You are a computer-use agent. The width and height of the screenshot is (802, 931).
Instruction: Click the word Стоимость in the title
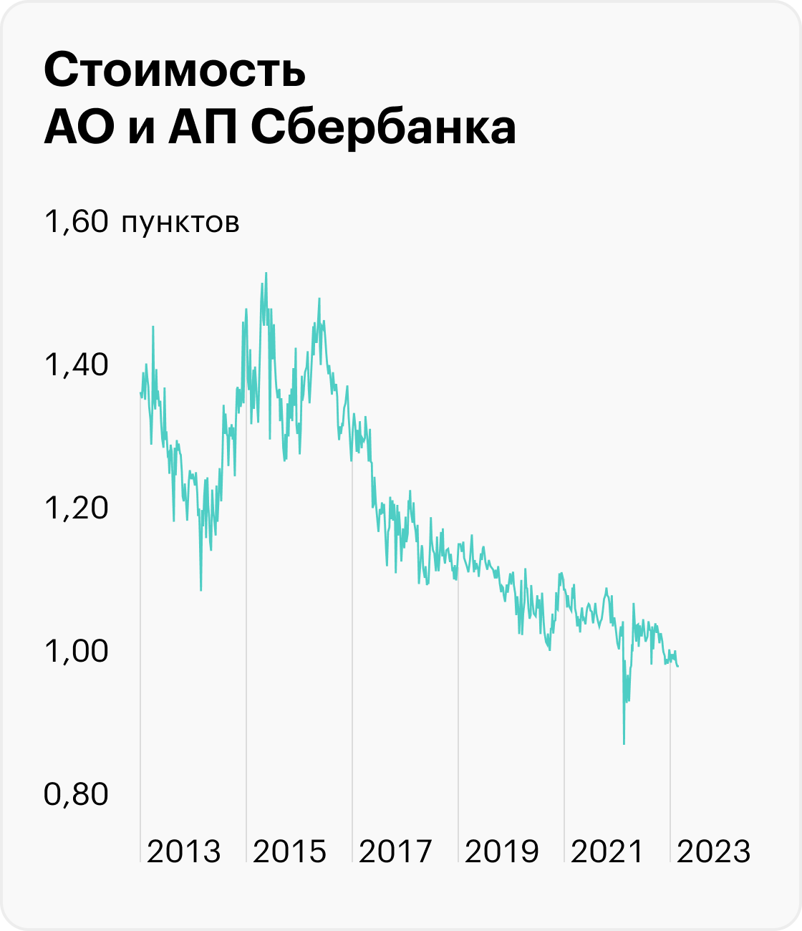(x=175, y=71)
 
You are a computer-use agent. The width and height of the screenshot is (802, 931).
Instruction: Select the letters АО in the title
(x=79, y=130)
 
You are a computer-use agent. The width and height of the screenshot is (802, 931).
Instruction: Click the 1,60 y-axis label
(x=76, y=222)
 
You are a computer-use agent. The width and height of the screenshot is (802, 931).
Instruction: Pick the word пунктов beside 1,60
(x=180, y=223)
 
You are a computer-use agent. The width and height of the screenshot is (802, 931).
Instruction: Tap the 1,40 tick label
(x=76, y=365)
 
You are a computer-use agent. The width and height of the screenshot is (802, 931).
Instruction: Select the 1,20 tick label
(x=76, y=508)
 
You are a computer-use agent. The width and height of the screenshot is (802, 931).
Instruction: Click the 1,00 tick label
(x=76, y=652)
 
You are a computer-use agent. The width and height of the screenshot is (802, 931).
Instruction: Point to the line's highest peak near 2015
(x=266, y=274)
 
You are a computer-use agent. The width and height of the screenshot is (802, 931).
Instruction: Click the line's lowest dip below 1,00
(x=624, y=743)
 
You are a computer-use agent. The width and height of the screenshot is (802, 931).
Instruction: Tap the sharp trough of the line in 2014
(x=200, y=589)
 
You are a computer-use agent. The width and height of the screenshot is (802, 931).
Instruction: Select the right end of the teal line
(x=678, y=666)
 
